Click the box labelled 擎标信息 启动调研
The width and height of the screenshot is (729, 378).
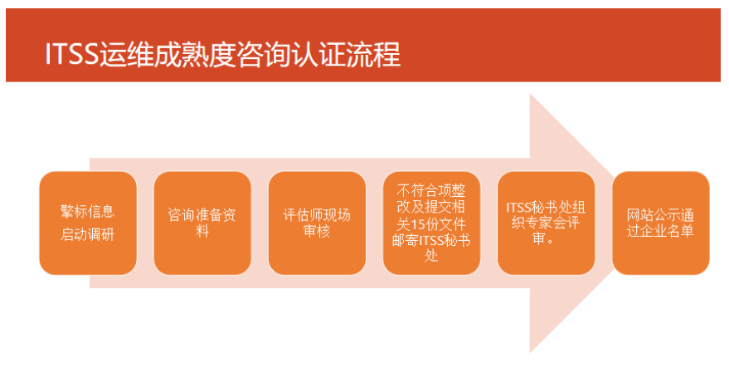pyautogui.click(x=88, y=223)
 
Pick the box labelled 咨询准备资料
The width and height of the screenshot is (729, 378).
pyautogui.click(x=202, y=223)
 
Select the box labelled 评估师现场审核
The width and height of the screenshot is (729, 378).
pyautogui.click(x=317, y=223)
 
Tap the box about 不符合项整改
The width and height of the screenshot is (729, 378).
pyautogui.click(x=431, y=223)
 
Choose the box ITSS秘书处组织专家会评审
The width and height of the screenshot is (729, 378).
pyautogui.click(x=546, y=223)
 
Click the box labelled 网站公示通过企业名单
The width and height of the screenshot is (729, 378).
pyautogui.click(x=661, y=223)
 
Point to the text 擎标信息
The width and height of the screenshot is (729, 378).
pyautogui.click(x=88, y=211)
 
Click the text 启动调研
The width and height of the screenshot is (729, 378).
pyautogui.click(x=88, y=234)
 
